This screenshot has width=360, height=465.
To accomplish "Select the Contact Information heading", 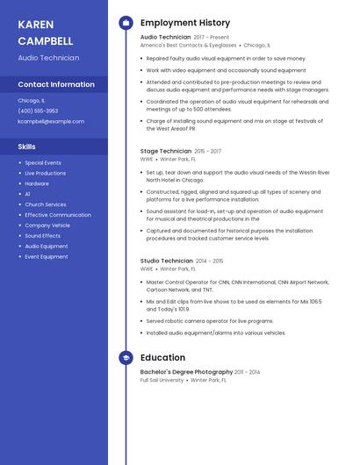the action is tap(56, 84).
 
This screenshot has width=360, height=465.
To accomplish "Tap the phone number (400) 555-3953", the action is tap(38, 111).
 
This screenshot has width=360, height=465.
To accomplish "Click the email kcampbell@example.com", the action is tap(51, 121).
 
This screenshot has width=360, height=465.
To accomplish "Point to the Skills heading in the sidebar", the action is tap(26, 147).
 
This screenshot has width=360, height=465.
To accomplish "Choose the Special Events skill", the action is tap(43, 162).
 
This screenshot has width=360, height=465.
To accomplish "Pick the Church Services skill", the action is tap(46, 204).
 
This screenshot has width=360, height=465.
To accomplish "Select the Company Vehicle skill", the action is tap(47, 225).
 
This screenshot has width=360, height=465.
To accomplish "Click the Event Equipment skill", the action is tap(47, 257).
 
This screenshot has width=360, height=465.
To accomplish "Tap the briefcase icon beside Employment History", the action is tap(126, 23).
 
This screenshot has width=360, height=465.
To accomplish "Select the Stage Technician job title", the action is tap(165, 151).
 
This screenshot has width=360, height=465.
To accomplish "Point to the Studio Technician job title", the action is tap(166, 261).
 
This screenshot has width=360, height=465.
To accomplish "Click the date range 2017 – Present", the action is tap(211, 38).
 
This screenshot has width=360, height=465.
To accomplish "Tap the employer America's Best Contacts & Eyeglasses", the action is tap(188, 45).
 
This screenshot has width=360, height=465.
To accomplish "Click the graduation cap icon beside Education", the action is tap(126, 358).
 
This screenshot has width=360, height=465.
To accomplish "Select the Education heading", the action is tap(162, 358).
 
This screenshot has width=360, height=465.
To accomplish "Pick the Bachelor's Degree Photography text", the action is tap(185, 372).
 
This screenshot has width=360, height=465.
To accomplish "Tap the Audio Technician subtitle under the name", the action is tap(48, 58).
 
